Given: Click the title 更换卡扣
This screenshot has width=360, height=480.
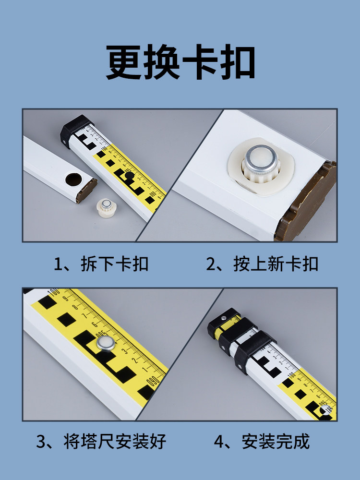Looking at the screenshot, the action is tap(180, 62).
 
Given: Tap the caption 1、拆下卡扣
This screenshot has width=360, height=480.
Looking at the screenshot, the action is tap(101, 264).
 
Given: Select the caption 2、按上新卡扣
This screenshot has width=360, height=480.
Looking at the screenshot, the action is tap(263, 264).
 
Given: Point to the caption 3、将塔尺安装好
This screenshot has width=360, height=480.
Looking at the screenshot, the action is tap(101, 441).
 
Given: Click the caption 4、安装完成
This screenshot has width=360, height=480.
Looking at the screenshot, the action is tap(262, 441).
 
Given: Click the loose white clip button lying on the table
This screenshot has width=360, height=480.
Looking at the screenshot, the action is tap(106, 208).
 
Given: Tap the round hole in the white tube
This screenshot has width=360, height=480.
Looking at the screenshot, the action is tap(74, 180).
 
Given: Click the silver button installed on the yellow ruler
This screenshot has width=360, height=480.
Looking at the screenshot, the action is tap(106, 343).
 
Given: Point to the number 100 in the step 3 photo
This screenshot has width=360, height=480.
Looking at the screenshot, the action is tap(54, 291).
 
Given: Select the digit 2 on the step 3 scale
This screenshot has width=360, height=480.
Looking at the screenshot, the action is tap(135, 360).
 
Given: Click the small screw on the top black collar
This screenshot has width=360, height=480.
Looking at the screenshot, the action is tap(224, 318).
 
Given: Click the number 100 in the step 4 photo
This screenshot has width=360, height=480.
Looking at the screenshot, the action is tap(292, 374).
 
